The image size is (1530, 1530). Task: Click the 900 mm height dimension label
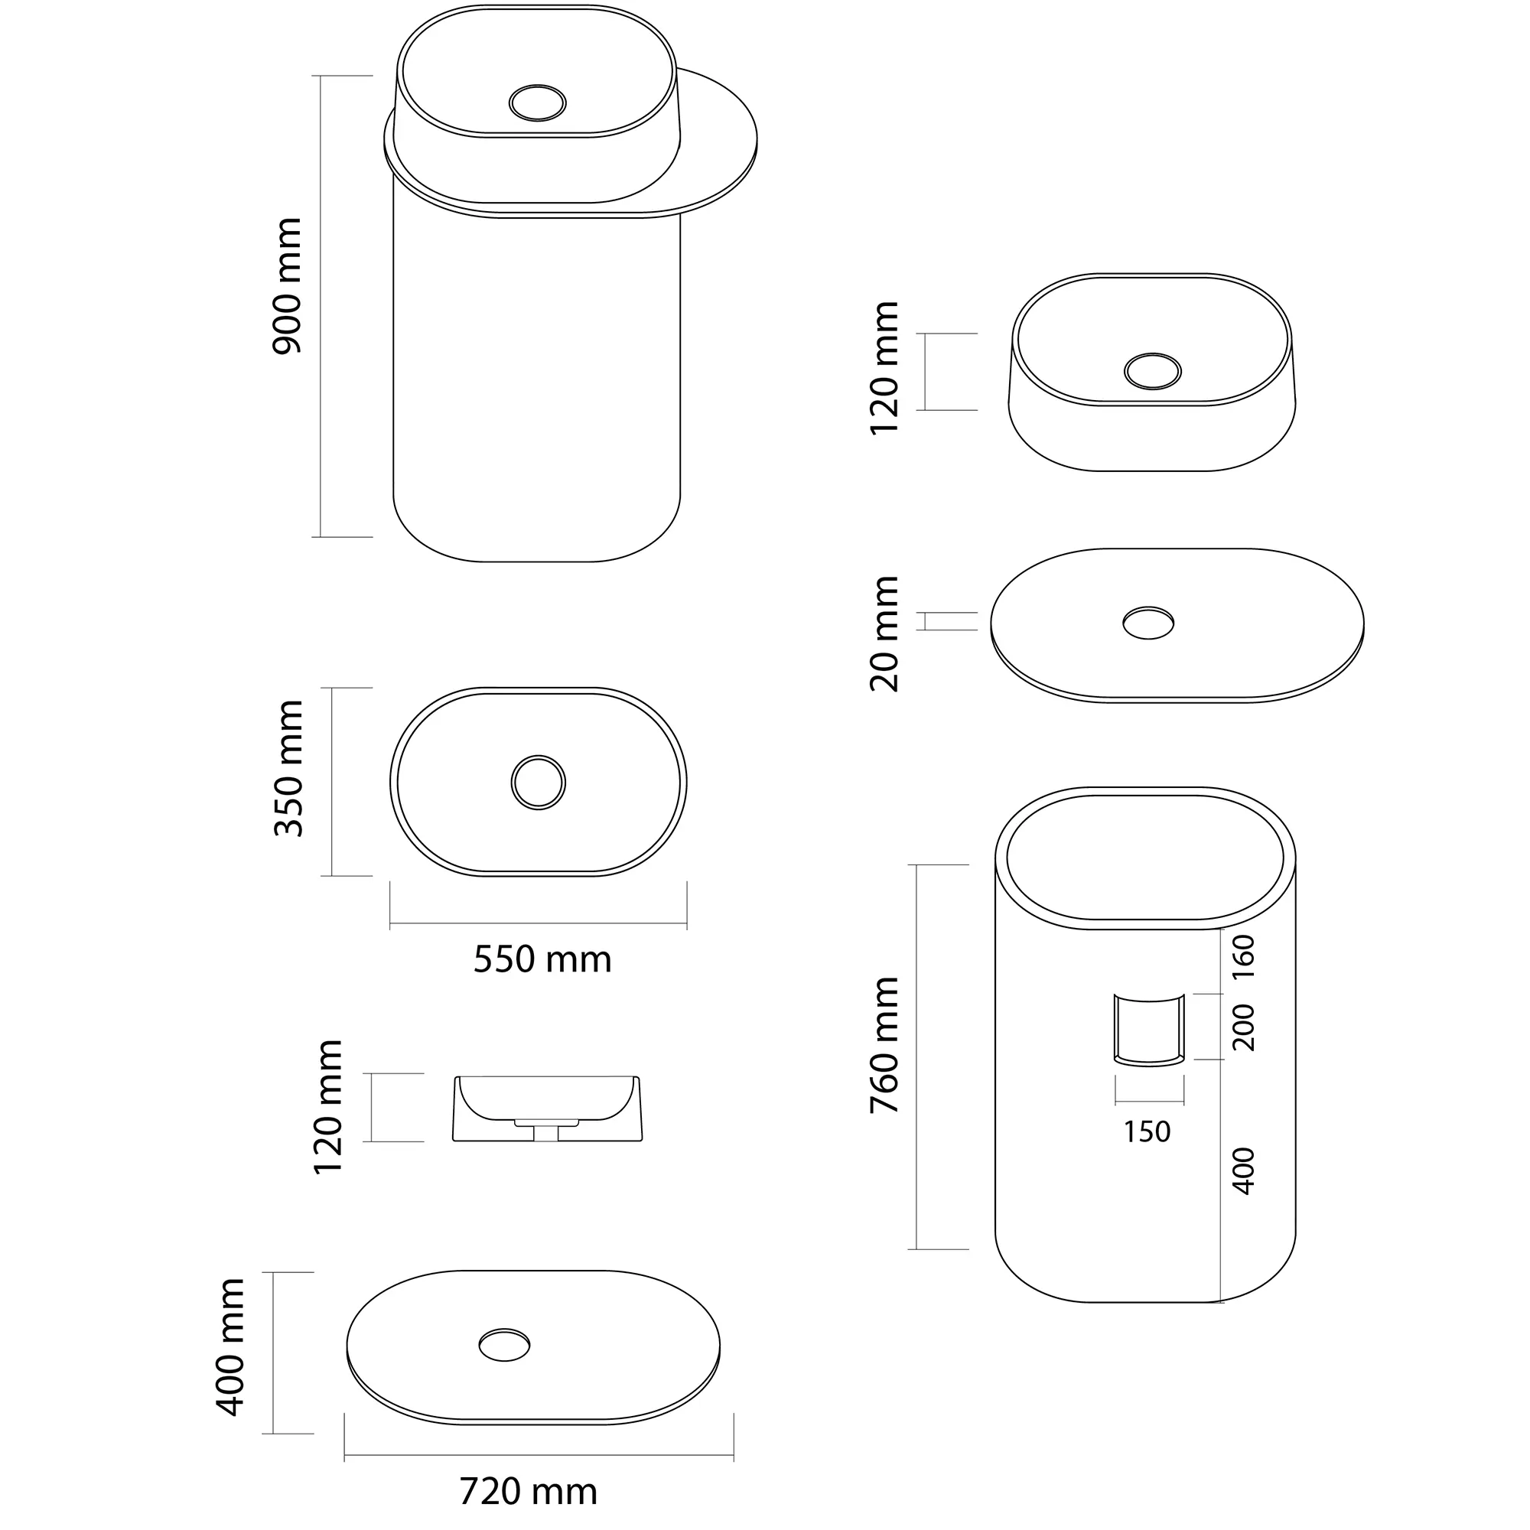(x=287, y=286)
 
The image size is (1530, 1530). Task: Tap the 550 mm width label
(x=542, y=960)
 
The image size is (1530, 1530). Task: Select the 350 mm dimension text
(x=289, y=769)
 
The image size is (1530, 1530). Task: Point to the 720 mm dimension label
(x=528, y=1492)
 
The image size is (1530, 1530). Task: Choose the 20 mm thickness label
(x=884, y=633)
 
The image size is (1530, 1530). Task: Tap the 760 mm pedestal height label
(x=884, y=1045)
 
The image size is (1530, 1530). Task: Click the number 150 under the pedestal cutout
(x=1147, y=1131)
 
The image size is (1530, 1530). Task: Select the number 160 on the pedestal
(x=1244, y=958)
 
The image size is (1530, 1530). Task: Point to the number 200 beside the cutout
(x=1244, y=1027)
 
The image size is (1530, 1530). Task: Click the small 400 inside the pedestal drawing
(x=1244, y=1171)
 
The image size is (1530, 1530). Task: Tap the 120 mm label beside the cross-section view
(x=328, y=1107)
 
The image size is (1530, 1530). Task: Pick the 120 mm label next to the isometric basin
(x=884, y=367)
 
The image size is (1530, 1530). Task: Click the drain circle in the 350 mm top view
(x=539, y=782)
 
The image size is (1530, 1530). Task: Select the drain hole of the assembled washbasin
(x=538, y=103)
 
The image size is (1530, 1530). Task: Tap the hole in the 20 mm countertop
(x=1148, y=623)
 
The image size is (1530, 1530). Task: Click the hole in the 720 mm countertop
(x=504, y=1345)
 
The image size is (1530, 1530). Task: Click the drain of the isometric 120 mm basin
(x=1153, y=370)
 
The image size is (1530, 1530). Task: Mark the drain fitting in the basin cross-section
(x=545, y=1129)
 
